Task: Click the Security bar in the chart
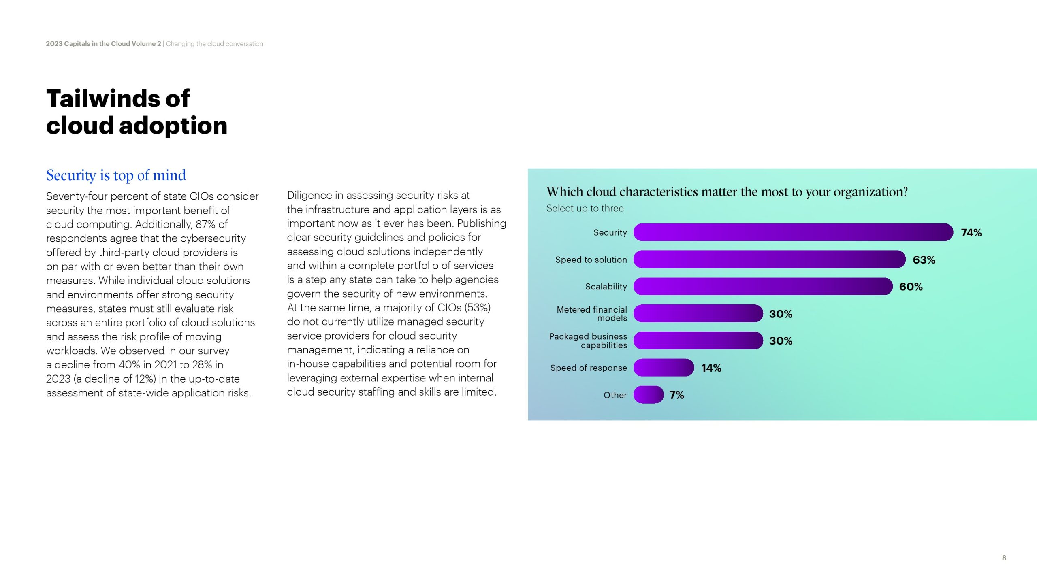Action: [x=793, y=232]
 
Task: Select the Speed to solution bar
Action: [x=769, y=260]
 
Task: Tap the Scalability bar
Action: [x=762, y=287]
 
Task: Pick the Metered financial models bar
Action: [x=698, y=314]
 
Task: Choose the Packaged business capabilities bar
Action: [x=698, y=340]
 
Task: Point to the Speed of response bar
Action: [x=664, y=368]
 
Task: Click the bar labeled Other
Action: [x=648, y=395]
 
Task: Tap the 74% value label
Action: [x=971, y=233]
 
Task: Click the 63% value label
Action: [x=924, y=260]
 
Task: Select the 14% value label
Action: [x=711, y=368]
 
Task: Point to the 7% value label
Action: [x=676, y=395]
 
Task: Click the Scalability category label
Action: [x=606, y=287]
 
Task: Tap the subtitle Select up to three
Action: [x=585, y=209]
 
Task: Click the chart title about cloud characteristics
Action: [x=727, y=192]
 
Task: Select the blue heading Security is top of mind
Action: [x=116, y=175]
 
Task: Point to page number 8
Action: [x=1004, y=558]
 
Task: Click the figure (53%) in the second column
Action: [x=478, y=308]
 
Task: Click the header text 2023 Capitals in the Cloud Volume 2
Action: [x=103, y=44]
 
